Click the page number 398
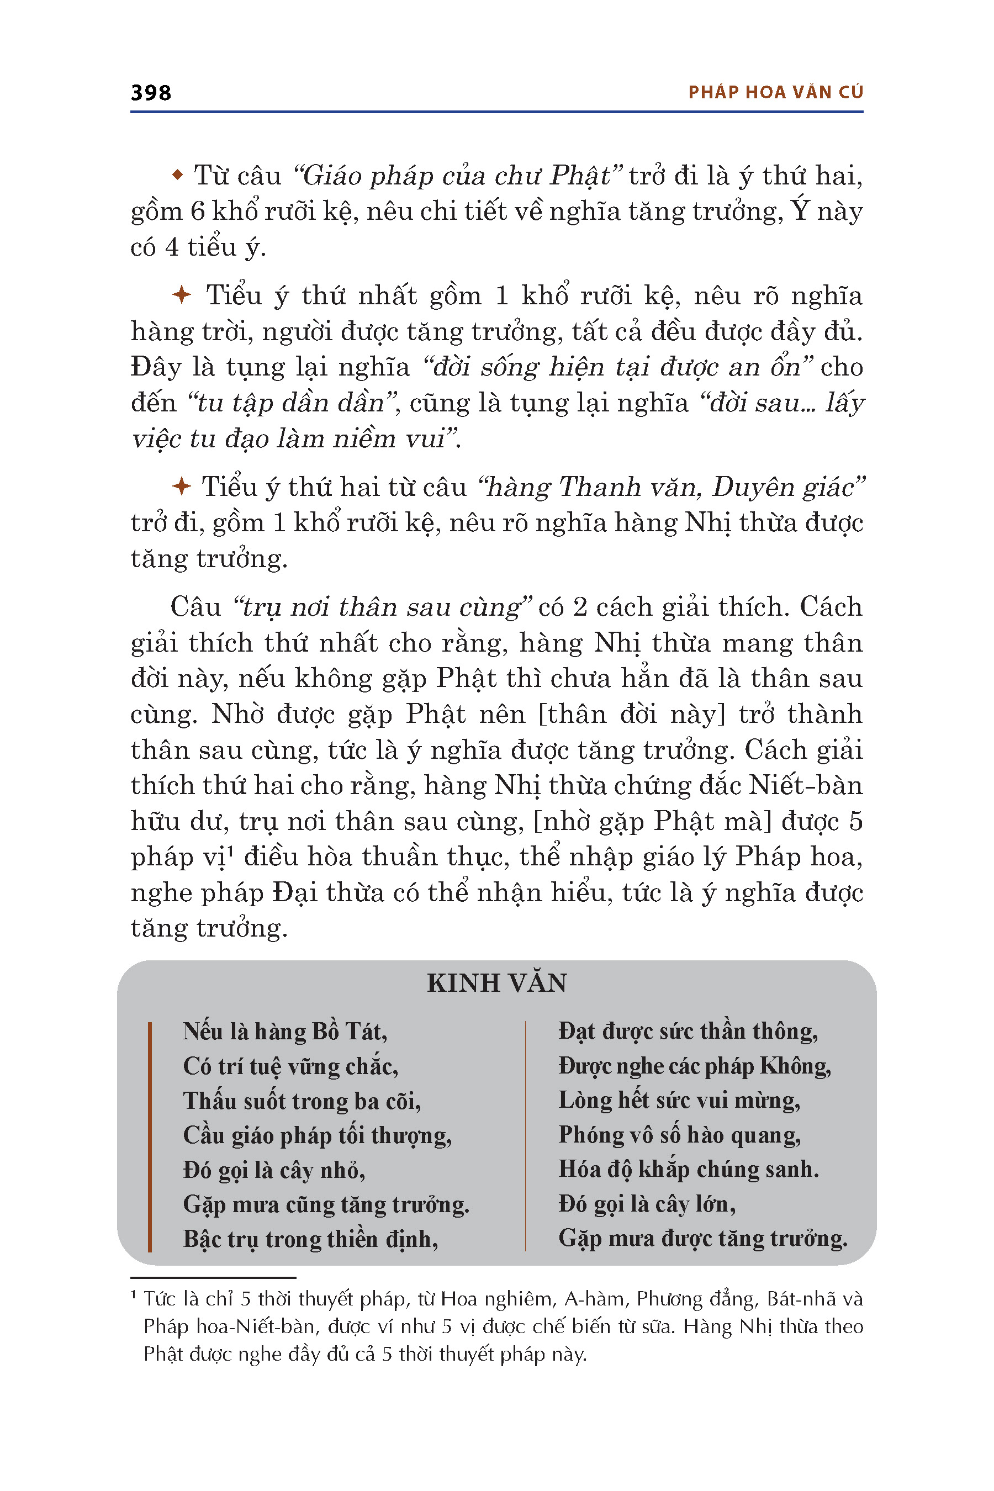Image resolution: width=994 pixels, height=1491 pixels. (151, 93)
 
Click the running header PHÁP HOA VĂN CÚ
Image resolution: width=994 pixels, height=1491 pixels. (776, 93)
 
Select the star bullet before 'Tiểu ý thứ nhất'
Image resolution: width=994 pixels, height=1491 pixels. (182, 295)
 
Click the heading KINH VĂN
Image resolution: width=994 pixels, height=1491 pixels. (497, 983)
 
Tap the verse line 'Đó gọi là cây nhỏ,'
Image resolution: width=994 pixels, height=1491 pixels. (274, 1170)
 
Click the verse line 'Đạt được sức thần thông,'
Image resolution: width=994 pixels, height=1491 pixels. (688, 1032)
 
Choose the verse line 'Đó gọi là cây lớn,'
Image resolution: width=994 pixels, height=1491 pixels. (647, 1204)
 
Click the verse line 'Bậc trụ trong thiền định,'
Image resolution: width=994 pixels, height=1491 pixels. (310, 1239)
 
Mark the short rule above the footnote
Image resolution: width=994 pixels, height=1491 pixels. (213, 1277)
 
